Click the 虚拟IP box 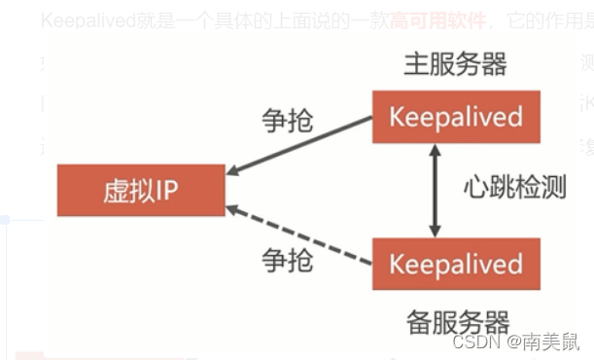point(141,190)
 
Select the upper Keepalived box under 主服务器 point(455,117)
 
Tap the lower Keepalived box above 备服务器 point(455,264)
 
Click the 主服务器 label point(455,65)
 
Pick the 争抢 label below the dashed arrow point(288,260)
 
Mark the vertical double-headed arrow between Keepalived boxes point(436,190)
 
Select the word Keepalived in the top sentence point(87,20)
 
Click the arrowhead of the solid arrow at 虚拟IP point(233,171)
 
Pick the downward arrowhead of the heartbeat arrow point(436,231)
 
